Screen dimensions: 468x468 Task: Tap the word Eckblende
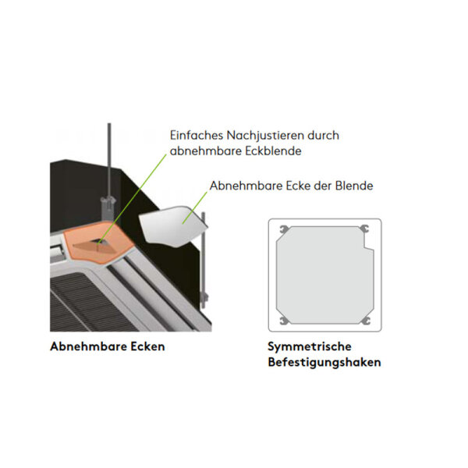point(270,151)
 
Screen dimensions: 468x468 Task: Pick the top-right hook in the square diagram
point(363,230)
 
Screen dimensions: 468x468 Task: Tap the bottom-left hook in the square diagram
point(282,320)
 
